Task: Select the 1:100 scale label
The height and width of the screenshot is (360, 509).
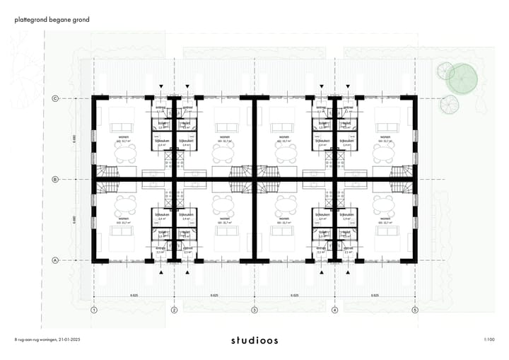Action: click(x=489, y=340)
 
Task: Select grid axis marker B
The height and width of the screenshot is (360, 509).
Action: click(x=55, y=180)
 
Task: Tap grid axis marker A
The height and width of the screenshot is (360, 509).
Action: click(x=55, y=260)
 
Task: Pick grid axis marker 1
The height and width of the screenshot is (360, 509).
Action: click(x=93, y=310)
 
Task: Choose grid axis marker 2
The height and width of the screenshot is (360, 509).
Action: click(x=174, y=310)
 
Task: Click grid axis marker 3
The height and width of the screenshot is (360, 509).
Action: click(x=255, y=310)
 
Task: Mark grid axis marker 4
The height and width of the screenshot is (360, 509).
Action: click(x=335, y=310)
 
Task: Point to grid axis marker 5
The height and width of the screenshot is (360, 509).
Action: click(x=415, y=310)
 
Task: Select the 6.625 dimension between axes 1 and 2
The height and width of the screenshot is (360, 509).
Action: click(x=134, y=295)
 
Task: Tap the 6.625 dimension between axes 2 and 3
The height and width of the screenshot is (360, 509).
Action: click(x=214, y=295)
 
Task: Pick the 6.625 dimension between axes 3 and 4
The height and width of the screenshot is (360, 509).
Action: click(x=295, y=295)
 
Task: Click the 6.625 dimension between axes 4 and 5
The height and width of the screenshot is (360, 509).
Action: click(x=375, y=295)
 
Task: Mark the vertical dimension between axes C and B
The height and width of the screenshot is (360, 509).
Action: click(x=74, y=140)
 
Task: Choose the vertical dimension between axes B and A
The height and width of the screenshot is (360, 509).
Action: click(x=74, y=220)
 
